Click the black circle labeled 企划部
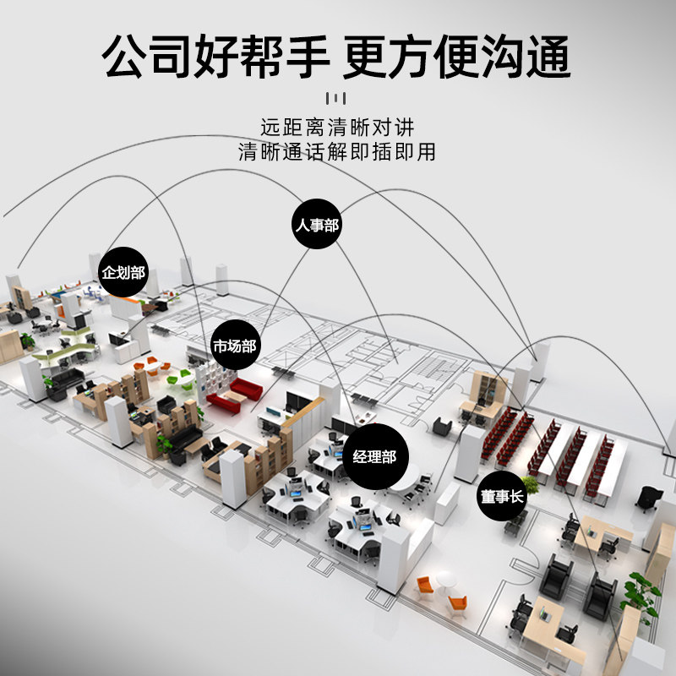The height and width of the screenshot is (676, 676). [x=123, y=272]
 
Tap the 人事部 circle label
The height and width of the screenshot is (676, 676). [x=317, y=226]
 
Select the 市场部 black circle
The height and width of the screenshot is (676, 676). [x=234, y=346]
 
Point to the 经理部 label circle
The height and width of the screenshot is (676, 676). [x=374, y=458]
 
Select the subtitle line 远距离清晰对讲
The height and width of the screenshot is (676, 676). [x=337, y=128]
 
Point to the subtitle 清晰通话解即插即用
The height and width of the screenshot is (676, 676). [x=337, y=152]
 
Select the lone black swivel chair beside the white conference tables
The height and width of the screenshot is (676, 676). [x=646, y=499]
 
